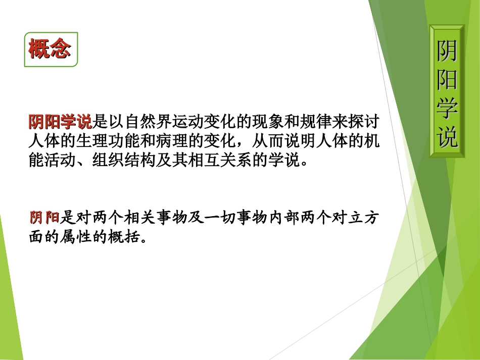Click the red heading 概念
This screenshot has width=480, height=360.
point(50,49)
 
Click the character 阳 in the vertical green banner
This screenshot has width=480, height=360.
point(447,79)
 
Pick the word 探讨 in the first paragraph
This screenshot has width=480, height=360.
point(365,122)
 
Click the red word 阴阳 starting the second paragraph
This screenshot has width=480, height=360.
point(44,218)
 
